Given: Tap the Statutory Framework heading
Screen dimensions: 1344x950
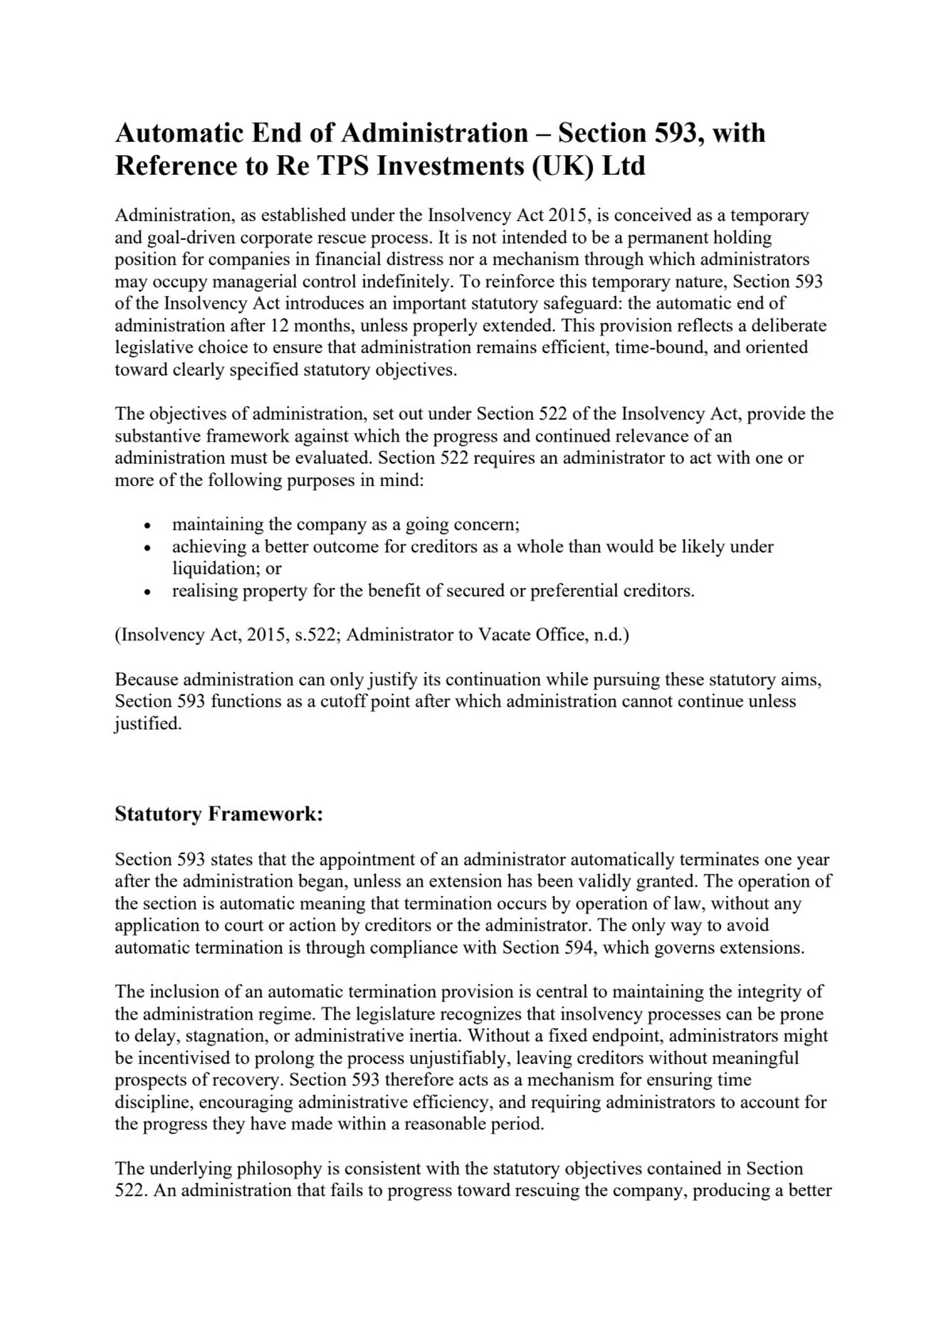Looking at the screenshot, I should point(218,814).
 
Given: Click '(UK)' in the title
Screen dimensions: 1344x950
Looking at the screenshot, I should point(559,166).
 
